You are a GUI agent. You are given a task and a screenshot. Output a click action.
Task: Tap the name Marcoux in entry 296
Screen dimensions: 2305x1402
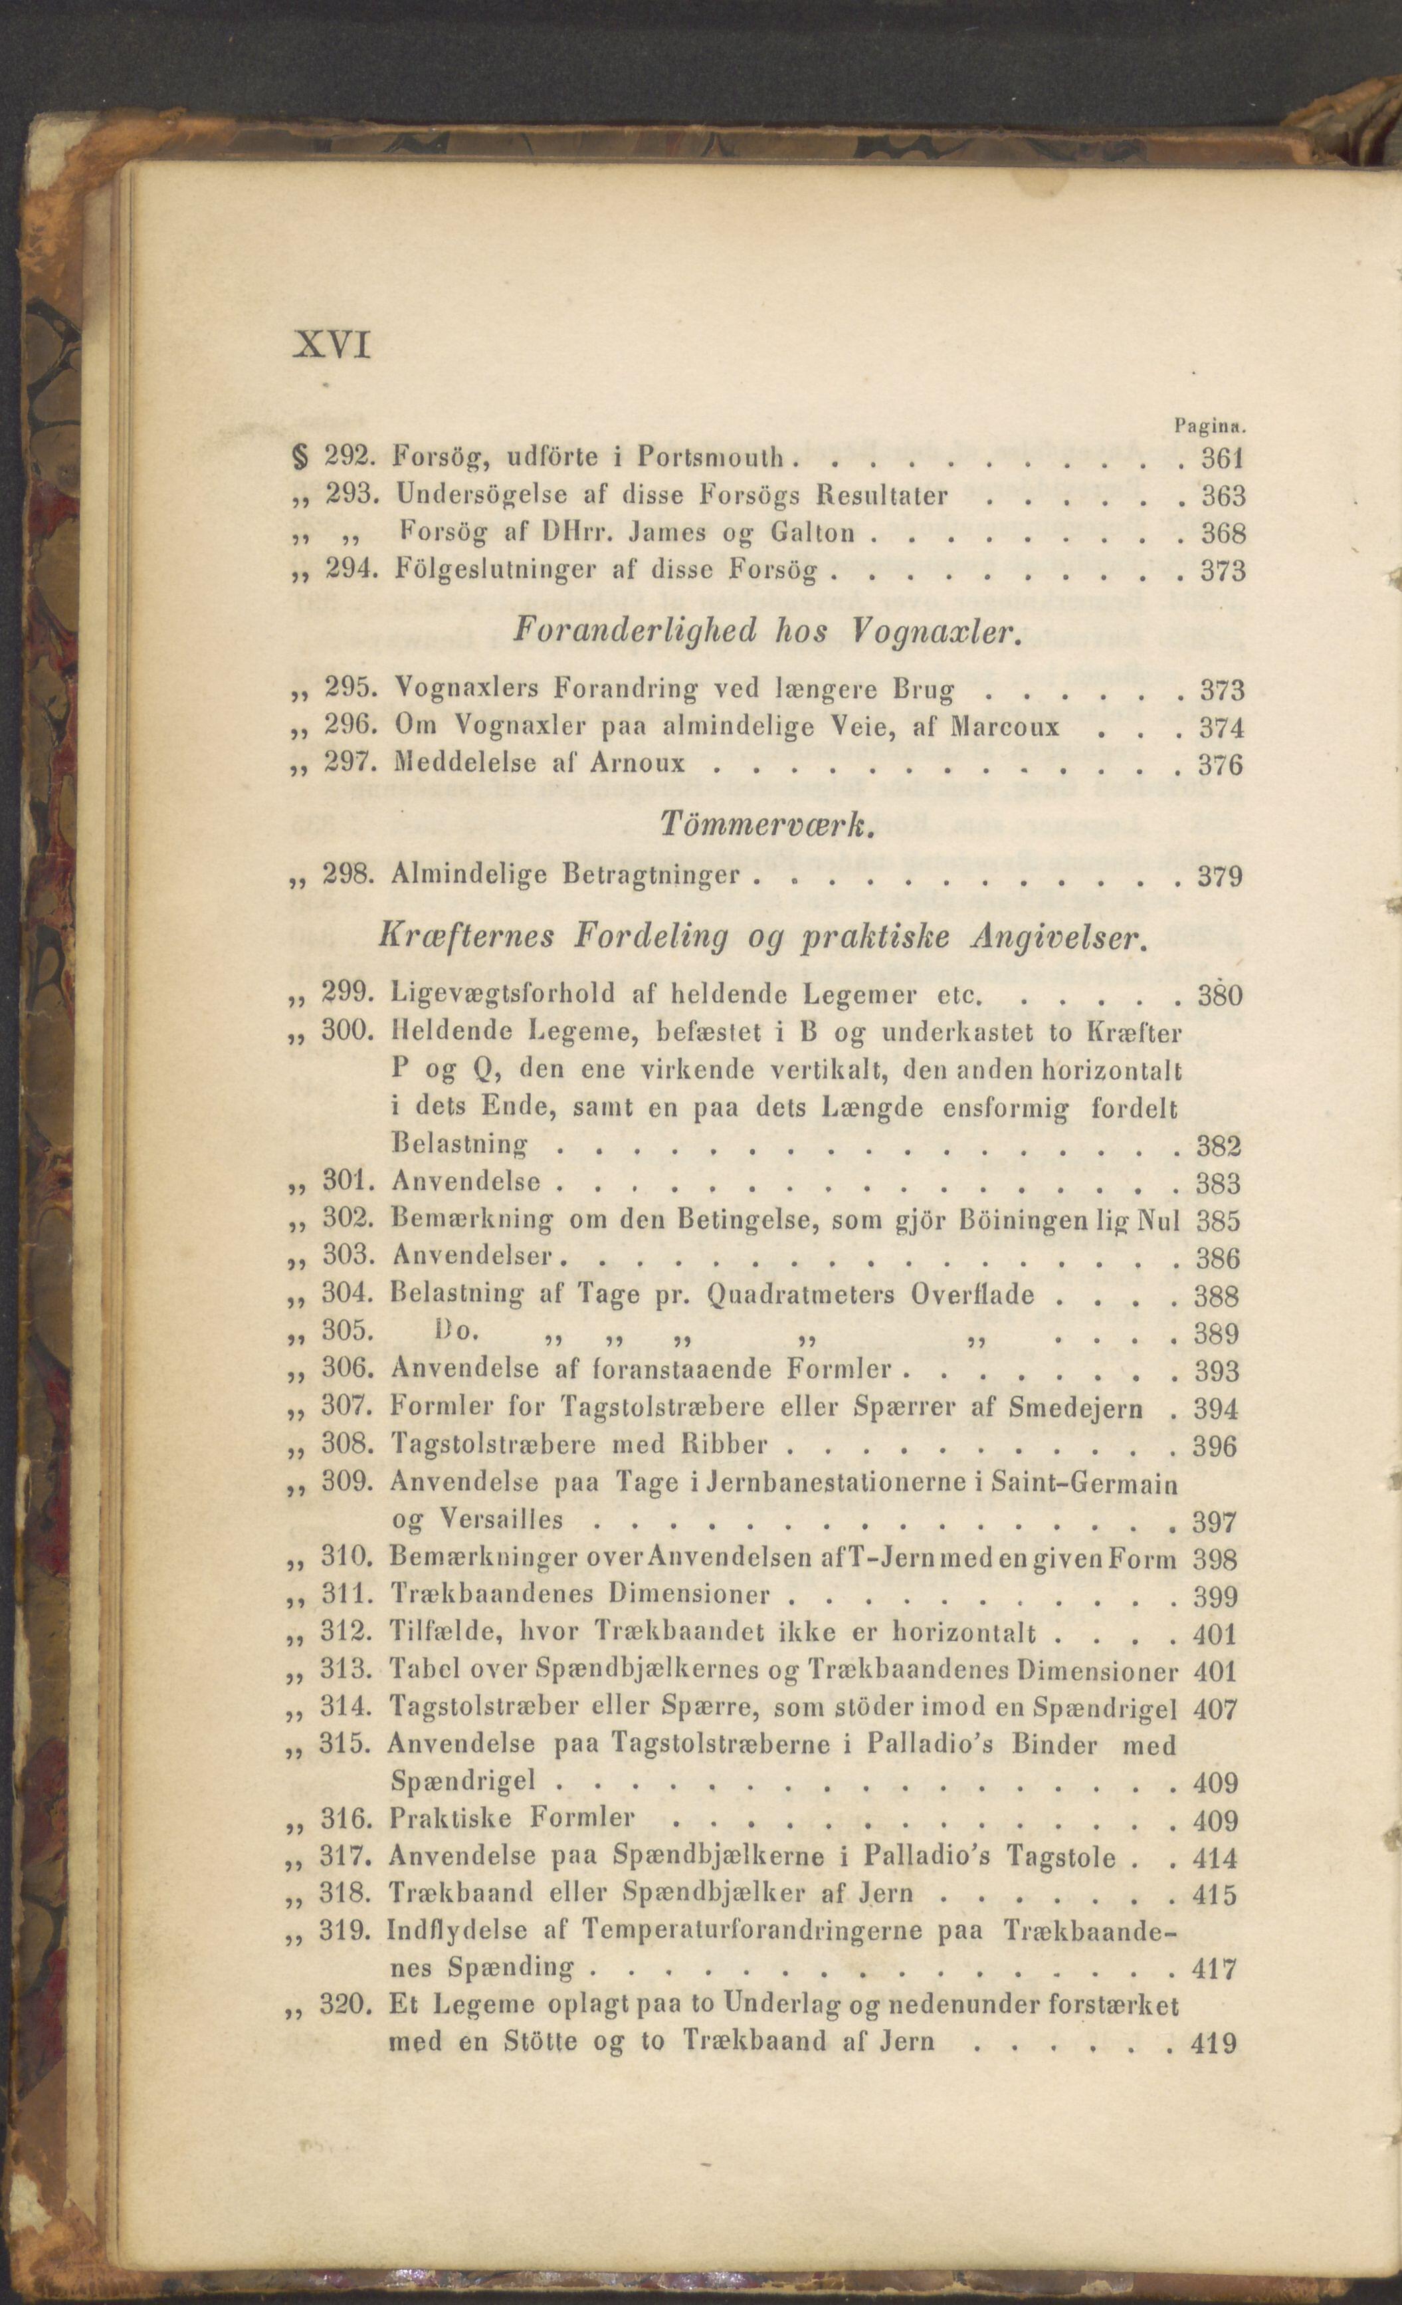[x=1003, y=727]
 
